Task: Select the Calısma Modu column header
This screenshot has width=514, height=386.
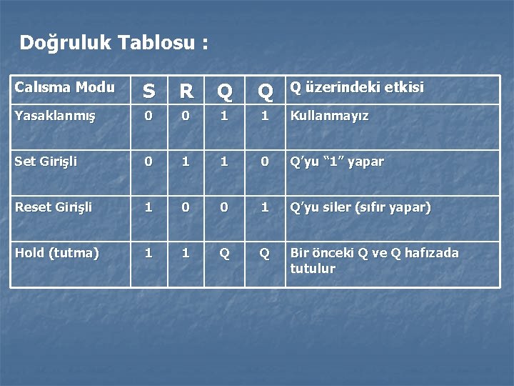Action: (x=64, y=88)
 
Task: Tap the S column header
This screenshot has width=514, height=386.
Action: (x=148, y=91)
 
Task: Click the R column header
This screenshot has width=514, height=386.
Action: (x=186, y=91)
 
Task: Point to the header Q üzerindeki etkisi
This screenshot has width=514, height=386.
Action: (x=356, y=88)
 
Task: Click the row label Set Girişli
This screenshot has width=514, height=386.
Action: (x=46, y=162)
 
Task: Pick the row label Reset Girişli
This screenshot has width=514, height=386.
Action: (x=53, y=207)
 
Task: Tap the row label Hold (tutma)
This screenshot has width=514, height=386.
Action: (x=56, y=252)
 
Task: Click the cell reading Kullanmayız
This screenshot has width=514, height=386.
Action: (x=329, y=115)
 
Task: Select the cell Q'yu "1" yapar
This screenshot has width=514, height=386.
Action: (x=336, y=162)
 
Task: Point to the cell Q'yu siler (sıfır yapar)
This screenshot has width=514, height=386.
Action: (x=360, y=207)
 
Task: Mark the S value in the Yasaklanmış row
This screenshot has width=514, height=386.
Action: (x=148, y=115)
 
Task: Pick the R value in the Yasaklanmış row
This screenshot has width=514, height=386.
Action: (x=186, y=115)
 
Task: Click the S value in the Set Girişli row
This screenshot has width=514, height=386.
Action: (x=148, y=162)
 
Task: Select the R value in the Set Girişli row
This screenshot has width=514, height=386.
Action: (x=186, y=162)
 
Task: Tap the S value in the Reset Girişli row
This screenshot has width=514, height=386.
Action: (x=148, y=207)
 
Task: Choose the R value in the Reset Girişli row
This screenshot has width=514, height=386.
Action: (x=186, y=207)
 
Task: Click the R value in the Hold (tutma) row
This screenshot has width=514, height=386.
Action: (x=186, y=252)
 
